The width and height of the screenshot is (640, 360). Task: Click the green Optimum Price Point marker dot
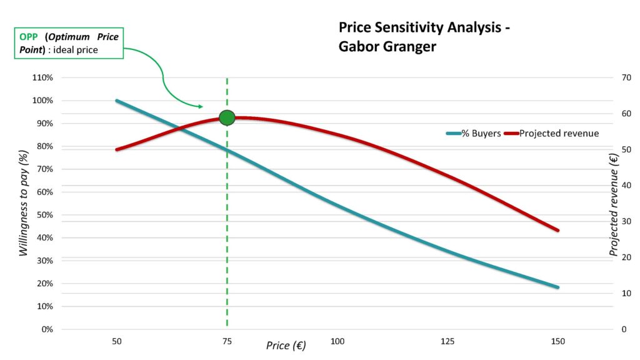(227, 117)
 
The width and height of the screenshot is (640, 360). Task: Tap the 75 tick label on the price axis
(227, 341)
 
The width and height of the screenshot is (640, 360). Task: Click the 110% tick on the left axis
(43, 77)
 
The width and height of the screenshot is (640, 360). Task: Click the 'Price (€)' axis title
(286, 345)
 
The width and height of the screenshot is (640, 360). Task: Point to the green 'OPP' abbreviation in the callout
(29, 37)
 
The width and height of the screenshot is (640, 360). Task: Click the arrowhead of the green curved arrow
(199, 107)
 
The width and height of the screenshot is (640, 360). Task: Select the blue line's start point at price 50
(116, 101)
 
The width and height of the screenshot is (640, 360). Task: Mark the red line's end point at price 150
(557, 230)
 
